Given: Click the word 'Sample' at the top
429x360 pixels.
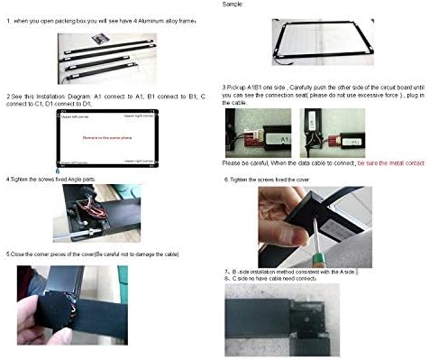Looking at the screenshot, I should pos(233,5).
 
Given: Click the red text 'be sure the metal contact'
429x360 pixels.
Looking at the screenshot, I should pos(388,164).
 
